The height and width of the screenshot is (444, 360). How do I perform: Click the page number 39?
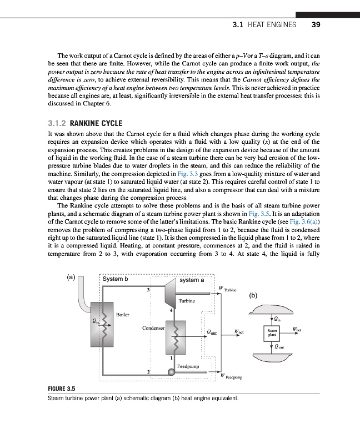click(316, 25)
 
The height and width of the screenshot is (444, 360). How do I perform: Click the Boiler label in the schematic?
click(123, 314)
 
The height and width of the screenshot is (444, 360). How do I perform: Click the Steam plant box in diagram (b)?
click(273, 334)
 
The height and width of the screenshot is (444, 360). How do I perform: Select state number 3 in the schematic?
click(148, 290)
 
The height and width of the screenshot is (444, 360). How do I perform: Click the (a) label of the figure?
click(71, 277)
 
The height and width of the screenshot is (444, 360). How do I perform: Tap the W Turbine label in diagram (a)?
click(228, 289)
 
